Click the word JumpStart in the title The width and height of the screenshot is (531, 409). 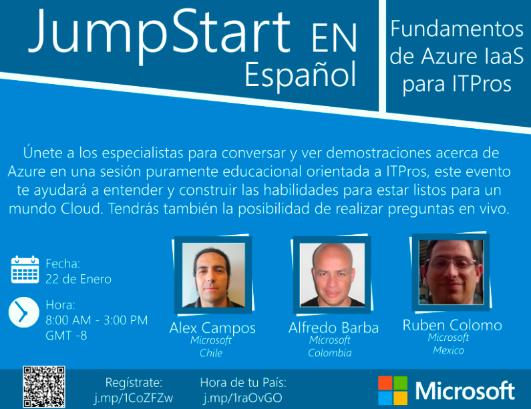159,34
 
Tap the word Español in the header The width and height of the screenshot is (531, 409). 301,75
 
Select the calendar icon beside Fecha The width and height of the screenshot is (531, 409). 25,270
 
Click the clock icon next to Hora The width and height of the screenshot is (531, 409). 23,312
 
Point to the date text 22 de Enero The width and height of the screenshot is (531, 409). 78,279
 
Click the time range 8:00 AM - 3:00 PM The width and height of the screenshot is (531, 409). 96,320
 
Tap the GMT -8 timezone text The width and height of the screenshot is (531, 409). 66,336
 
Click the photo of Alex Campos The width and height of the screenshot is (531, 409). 213,275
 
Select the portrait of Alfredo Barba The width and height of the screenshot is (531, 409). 332,275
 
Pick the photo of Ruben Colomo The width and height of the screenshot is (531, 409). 451,272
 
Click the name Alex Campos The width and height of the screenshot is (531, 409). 212,328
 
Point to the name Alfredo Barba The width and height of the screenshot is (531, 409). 333,328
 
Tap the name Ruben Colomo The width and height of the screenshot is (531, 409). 452,325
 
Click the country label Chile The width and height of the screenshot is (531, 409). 211,353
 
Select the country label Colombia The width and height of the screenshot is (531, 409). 330,353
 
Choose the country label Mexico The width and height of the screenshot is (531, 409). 448,350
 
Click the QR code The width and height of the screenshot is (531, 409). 44,387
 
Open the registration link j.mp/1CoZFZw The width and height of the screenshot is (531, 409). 134,398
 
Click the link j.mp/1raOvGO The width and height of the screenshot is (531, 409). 242,398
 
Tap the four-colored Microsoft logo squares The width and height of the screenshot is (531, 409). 393,390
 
